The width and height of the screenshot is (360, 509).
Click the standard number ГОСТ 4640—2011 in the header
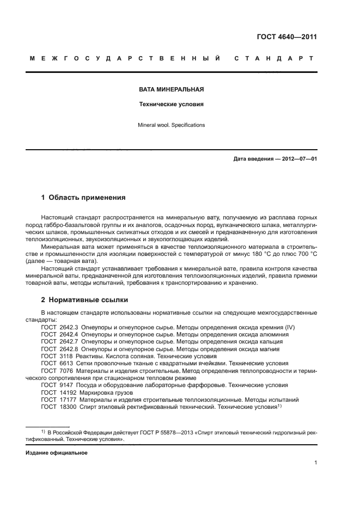point(286,37)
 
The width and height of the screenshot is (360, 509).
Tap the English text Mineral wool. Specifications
point(171,125)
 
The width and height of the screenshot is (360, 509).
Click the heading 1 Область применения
point(83,197)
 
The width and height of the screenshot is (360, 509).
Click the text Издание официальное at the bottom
point(57,453)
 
